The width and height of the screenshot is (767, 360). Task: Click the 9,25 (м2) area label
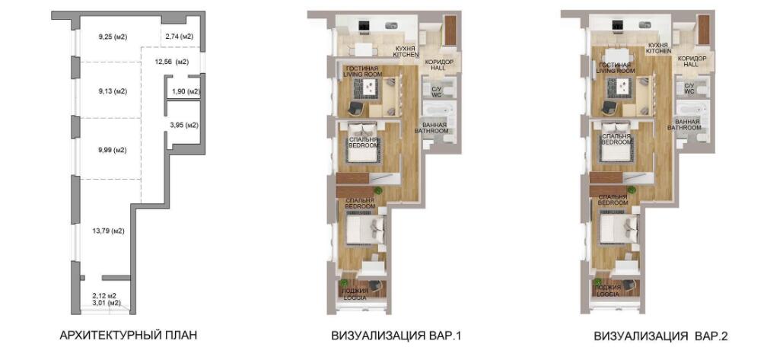[x=113, y=37]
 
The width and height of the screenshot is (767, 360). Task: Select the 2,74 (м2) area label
[x=179, y=37]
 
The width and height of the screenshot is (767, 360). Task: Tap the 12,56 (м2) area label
[x=171, y=62]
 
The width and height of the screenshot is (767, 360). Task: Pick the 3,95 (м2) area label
[x=184, y=126]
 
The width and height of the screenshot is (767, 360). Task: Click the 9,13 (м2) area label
[x=113, y=91]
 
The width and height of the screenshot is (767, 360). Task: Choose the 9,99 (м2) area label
[x=113, y=150]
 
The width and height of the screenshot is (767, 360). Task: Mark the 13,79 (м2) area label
[x=107, y=231]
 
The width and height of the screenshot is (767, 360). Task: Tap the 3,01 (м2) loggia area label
[x=107, y=302]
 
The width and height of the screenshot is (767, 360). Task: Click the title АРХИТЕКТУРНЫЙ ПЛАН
[x=128, y=336]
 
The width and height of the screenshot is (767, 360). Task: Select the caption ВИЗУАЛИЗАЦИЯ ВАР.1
[x=396, y=336]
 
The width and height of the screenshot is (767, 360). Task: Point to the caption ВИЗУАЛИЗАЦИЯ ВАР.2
[x=661, y=336]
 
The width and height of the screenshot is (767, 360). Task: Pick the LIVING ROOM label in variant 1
[x=362, y=74]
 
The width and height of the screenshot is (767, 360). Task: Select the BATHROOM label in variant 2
[x=685, y=127]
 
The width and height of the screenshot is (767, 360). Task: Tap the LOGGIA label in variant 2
[x=608, y=295]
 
